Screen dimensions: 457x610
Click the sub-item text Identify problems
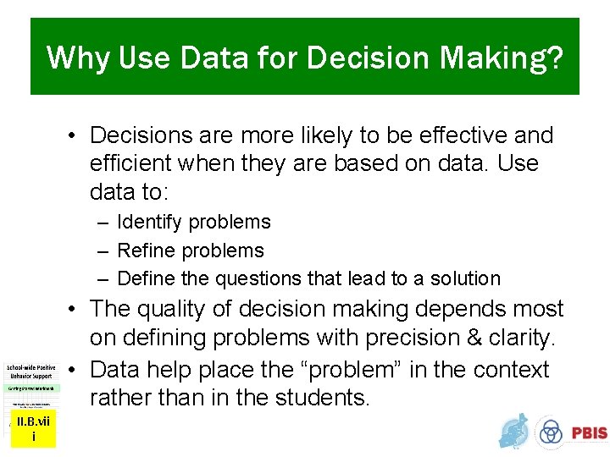(194, 223)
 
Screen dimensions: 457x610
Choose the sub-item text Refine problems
(191, 251)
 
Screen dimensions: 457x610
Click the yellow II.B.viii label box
(33, 430)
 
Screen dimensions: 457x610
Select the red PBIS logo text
(588, 433)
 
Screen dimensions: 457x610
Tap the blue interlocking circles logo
(551, 432)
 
